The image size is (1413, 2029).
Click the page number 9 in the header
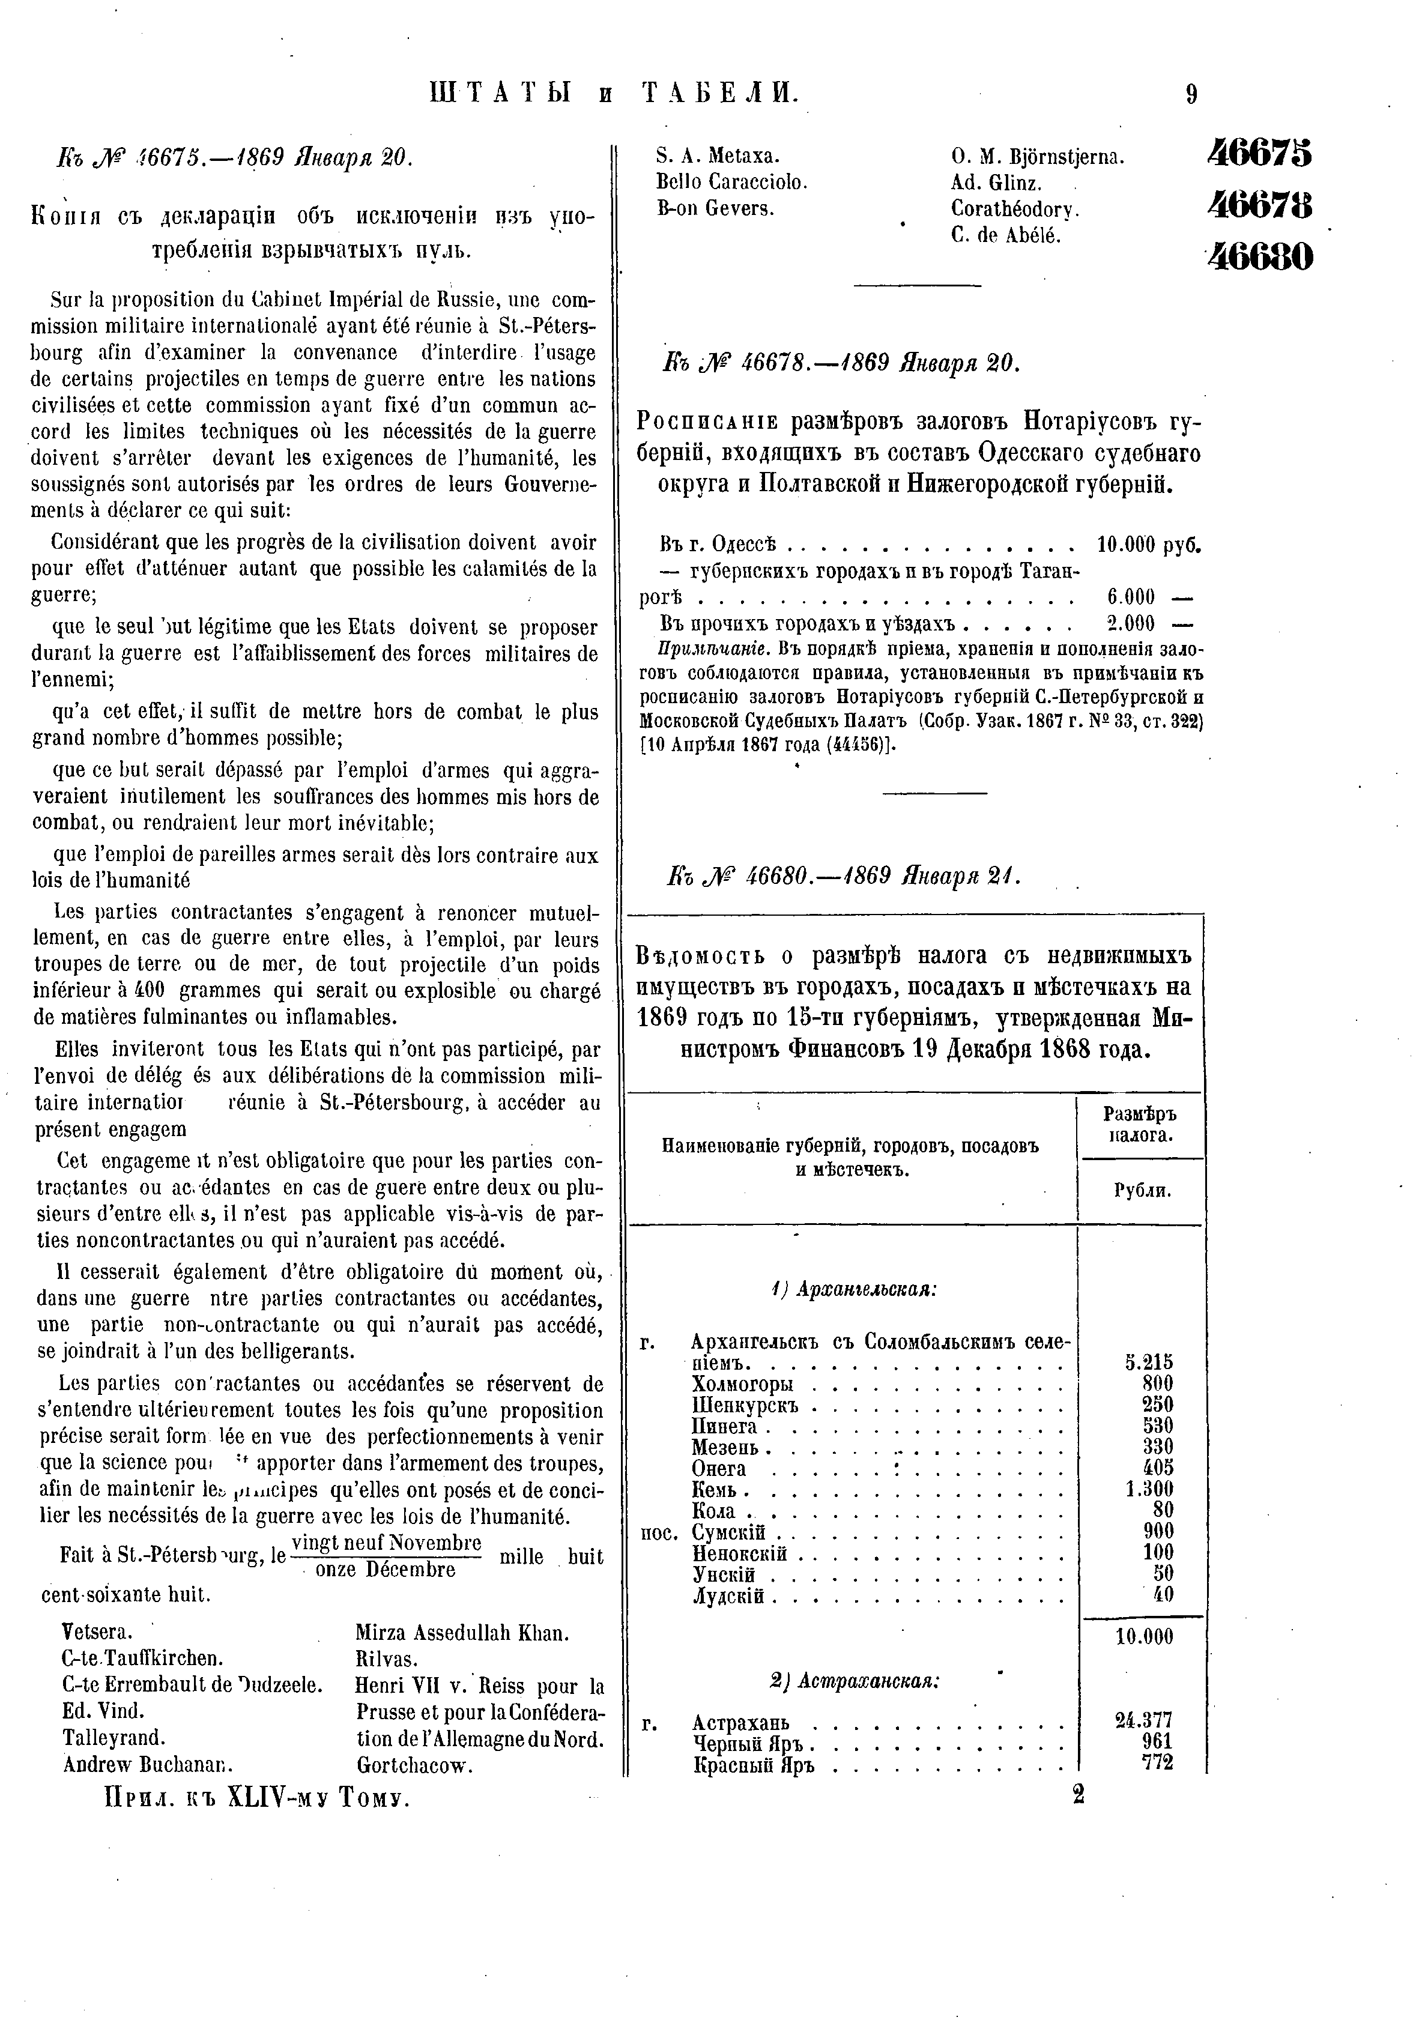[1191, 94]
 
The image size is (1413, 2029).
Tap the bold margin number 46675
[1259, 153]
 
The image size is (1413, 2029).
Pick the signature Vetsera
[97, 1631]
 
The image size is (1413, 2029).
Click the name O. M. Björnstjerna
[1038, 157]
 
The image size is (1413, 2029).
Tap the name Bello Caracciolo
[731, 183]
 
